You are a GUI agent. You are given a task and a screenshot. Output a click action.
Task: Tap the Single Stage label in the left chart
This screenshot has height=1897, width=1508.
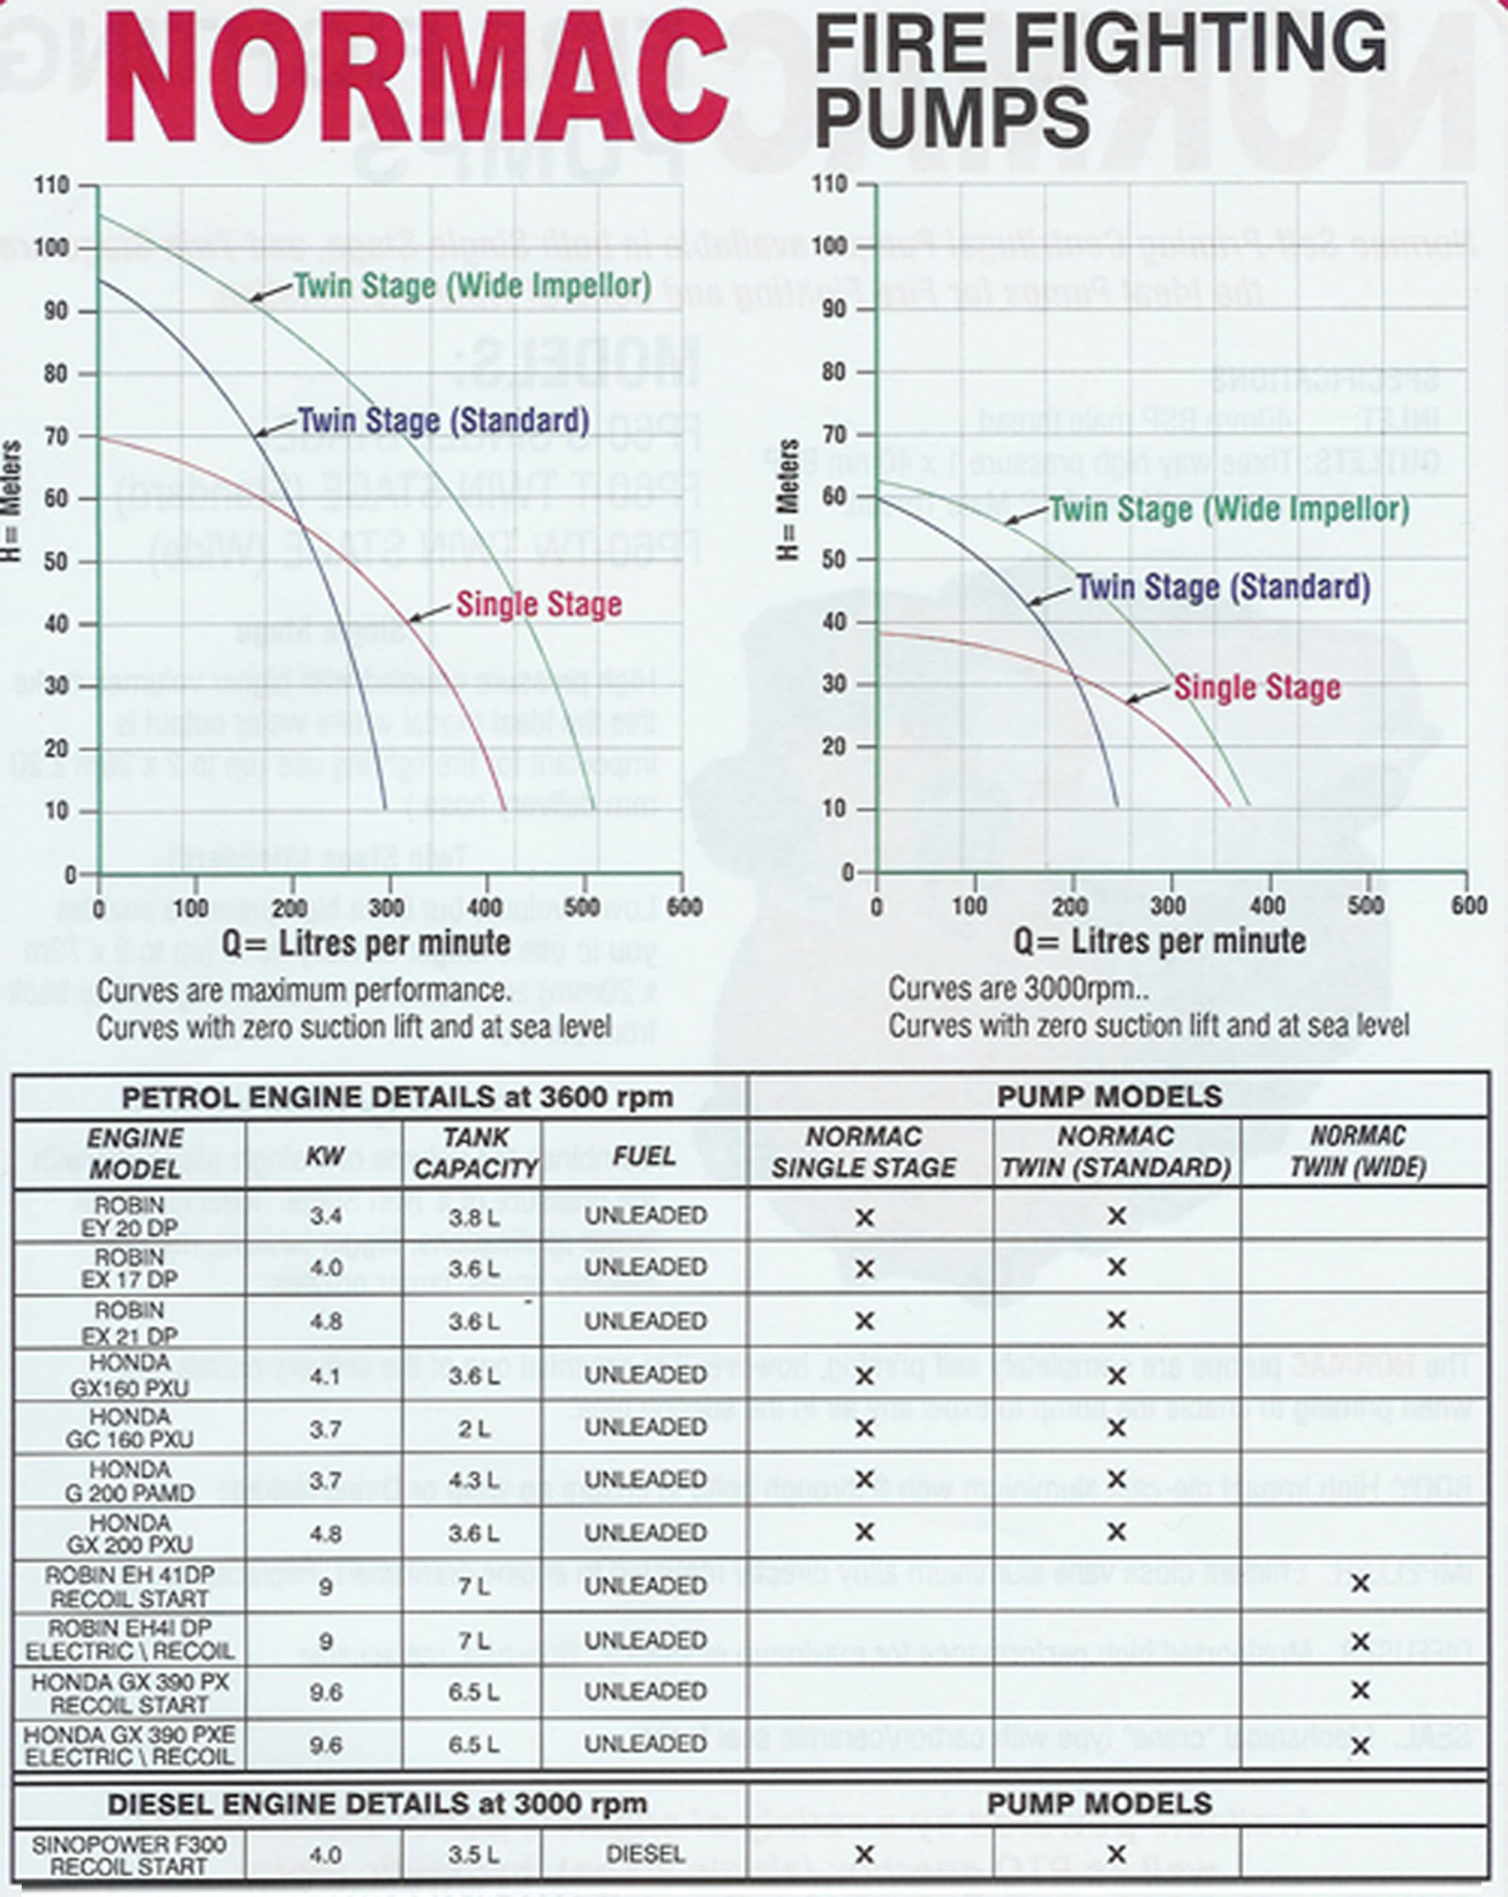[x=539, y=604]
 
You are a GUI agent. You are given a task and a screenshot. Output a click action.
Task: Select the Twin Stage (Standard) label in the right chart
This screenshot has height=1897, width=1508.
[x=1223, y=587]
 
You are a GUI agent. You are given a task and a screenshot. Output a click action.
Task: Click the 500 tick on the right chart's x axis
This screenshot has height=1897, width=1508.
[x=1366, y=905]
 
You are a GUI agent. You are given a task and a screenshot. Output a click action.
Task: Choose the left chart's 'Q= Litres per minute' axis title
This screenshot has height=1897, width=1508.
[x=366, y=942]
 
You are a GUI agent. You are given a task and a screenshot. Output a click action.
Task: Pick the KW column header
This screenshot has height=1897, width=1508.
[x=325, y=1155]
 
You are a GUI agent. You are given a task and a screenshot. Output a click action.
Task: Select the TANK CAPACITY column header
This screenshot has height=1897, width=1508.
[x=475, y=1153]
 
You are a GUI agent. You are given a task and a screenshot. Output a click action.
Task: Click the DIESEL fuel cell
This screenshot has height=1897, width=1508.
[x=645, y=1854]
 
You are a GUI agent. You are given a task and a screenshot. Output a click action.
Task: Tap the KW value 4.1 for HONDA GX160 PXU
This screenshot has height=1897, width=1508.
[x=325, y=1375]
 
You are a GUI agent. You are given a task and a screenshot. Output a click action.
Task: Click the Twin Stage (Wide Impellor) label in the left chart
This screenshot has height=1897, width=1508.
[x=472, y=286]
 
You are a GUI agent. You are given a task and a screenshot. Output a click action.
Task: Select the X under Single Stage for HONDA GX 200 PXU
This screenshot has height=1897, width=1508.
[x=864, y=1532]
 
